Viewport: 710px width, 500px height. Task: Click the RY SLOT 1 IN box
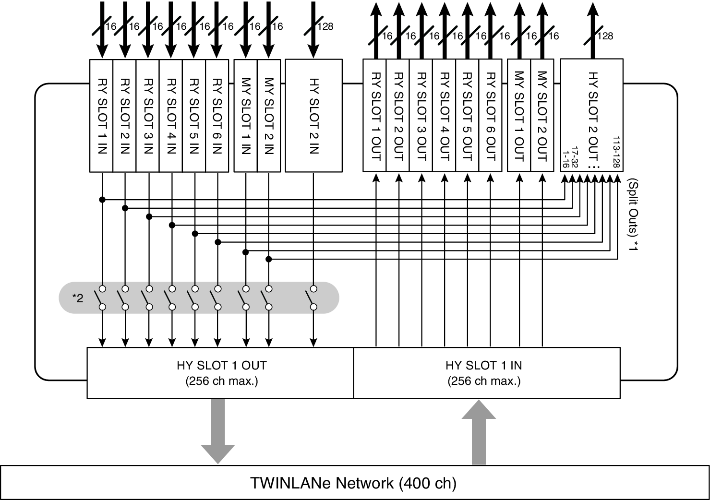101,116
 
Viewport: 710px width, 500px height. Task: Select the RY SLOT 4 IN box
171,116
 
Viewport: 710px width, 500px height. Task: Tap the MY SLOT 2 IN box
269,116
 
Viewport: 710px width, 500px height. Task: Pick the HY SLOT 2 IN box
313,116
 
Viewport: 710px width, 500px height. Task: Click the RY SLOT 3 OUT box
421,115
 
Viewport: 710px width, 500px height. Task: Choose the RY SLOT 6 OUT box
491,115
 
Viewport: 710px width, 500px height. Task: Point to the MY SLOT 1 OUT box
519,115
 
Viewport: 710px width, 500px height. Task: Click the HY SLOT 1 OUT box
220,373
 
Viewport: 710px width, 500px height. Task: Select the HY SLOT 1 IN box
486,373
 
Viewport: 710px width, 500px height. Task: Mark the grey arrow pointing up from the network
479,432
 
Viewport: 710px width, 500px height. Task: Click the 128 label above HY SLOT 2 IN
325,27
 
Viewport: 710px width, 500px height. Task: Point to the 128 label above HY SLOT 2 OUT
605,36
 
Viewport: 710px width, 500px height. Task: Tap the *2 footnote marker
78,298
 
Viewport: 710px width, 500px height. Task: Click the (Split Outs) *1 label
634,214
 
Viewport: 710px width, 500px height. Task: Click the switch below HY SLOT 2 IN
313,298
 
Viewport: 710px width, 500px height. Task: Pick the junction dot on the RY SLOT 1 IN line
102,199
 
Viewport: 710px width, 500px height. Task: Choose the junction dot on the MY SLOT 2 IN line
269,259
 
